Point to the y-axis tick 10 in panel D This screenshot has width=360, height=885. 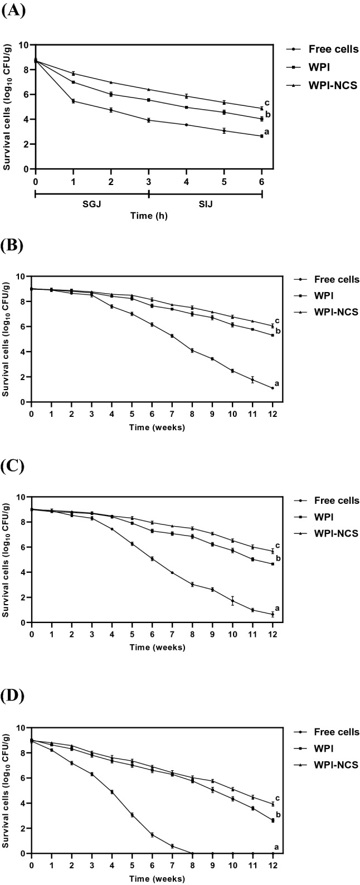[22, 727]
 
